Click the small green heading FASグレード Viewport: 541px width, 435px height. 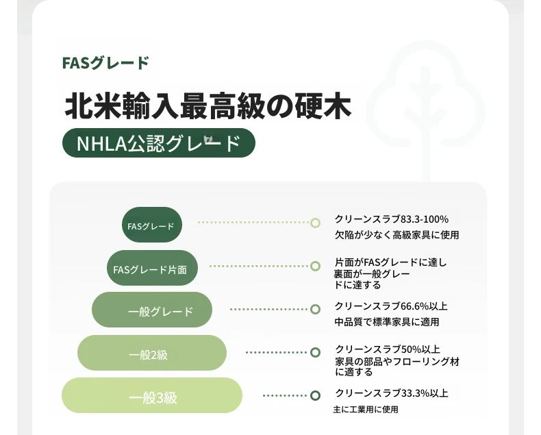(105, 63)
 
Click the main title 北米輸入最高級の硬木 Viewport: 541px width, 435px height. (208, 106)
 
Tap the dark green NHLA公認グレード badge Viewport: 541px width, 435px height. (159, 143)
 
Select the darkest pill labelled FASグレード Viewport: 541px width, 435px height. (152, 225)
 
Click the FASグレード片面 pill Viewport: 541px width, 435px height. (152, 268)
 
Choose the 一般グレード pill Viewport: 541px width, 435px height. (152, 310)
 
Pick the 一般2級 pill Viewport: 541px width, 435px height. (152, 353)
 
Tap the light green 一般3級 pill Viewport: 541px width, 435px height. (152, 395)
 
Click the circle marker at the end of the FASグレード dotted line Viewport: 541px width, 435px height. (315, 223)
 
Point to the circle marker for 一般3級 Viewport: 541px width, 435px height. (315, 395)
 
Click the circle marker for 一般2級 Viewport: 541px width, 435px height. (315, 353)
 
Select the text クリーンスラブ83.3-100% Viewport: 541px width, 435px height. (391, 219)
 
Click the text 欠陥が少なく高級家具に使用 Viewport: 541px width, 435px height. (397, 235)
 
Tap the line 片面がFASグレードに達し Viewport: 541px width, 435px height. (390, 262)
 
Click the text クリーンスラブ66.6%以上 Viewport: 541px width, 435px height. (391, 306)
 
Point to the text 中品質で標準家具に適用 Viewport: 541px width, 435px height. (387, 322)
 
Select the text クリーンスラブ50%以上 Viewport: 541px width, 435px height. (388, 349)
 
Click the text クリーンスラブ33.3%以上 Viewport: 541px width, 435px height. (392, 393)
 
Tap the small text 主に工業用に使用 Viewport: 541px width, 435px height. (366, 410)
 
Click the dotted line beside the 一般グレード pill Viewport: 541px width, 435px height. (268, 309)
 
